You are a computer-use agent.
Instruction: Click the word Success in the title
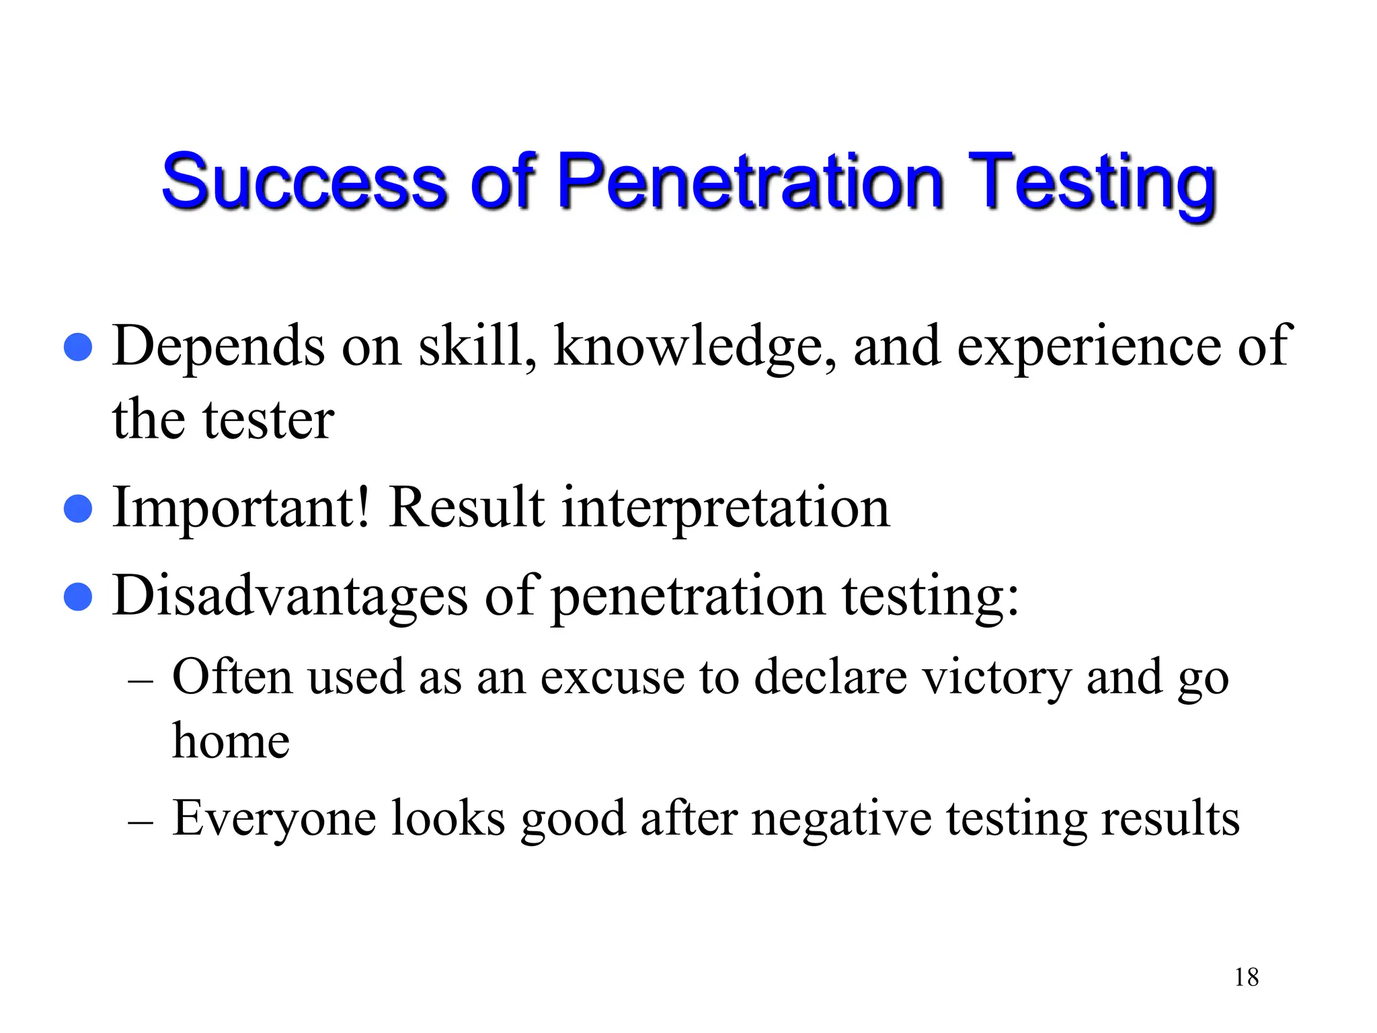[305, 181]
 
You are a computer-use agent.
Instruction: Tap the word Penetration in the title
[750, 181]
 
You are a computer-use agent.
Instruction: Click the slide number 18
[1246, 977]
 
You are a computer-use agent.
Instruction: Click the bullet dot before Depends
[78, 347]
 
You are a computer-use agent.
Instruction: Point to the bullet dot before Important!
[78, 508]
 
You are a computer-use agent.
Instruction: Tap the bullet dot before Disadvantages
[78, 597]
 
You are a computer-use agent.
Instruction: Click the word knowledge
[695, 347]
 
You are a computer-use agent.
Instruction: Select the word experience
[1089, 347]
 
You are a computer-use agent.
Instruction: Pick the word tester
[268, 420]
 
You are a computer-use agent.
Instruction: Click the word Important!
[241, 508]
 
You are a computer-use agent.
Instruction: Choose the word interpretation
[725, 508]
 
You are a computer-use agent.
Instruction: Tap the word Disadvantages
[290, 597]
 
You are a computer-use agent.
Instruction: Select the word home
[231, 740]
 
